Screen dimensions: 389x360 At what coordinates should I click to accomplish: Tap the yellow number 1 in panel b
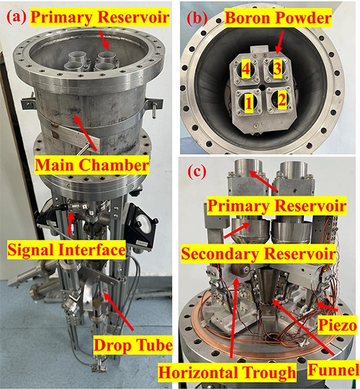click(247, 105)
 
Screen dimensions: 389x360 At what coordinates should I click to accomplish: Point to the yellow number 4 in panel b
click(245, 71)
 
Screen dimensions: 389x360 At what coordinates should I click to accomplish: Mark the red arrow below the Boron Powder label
click(280, 41)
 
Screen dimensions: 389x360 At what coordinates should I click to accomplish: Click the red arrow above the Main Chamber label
click(83, 131)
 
